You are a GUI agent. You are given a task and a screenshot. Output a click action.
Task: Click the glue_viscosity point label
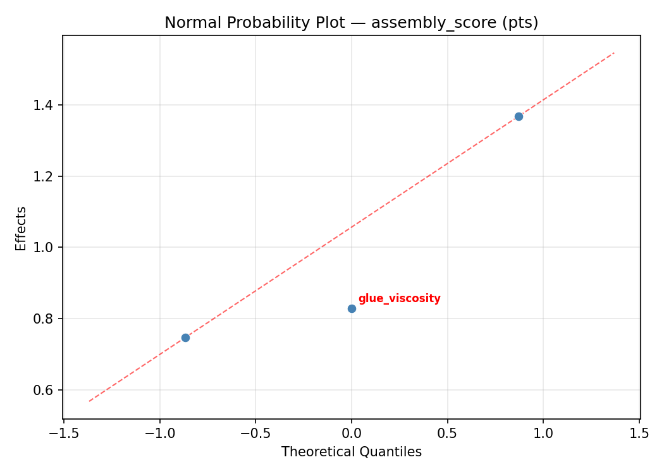pyautogui.click(x=399, y=299)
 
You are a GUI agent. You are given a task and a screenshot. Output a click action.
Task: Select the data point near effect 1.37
pyautogui.click(x=519, y=116)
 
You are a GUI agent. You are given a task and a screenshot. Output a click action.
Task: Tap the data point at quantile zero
pyautogui.click(x=352, y=308)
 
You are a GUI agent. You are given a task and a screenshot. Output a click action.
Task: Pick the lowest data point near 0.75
pyautogui.click(x=185, y=337)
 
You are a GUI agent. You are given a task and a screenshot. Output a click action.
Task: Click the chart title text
pyautogui.click(x=351, y=23)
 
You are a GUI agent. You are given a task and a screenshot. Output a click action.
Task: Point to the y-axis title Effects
pyautogui.click(x=22, y=229)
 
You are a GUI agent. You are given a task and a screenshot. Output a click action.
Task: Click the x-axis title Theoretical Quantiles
pyautogui.click(x=351, y=452)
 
